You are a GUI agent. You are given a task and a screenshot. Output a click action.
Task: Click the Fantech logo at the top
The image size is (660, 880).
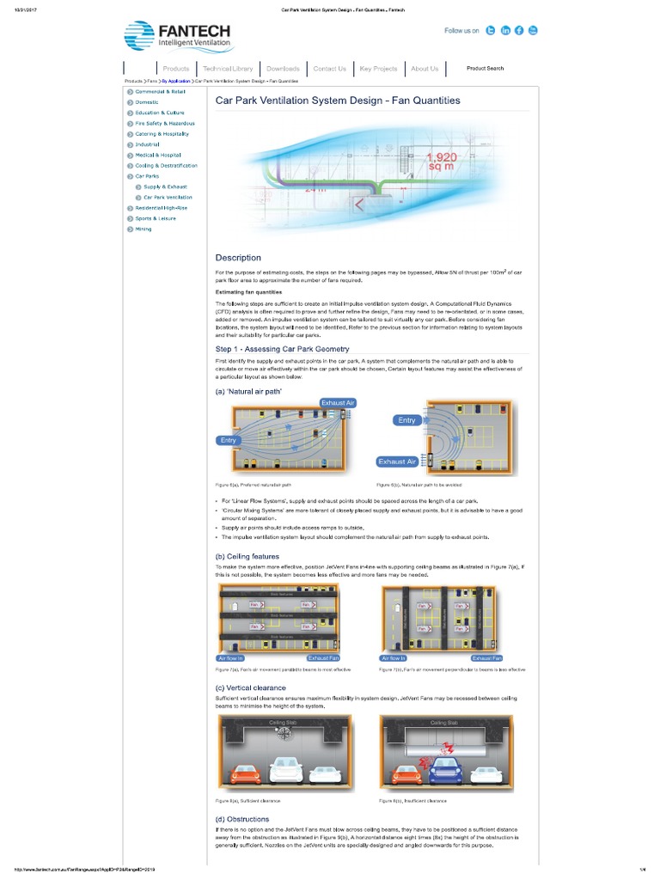pyautogui.click(x=178, y=37)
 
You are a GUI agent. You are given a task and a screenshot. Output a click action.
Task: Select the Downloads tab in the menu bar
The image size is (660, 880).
pyautogui.click(x=283, y=69)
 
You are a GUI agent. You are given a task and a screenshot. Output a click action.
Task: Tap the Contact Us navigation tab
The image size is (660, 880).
pyautogui.click(x=329, y=69)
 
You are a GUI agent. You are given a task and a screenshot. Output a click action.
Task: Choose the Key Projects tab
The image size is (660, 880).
pyautogui.click(x=378, y=69)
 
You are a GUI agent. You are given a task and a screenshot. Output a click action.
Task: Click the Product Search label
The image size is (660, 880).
pyautogui.click(x=485, y=68)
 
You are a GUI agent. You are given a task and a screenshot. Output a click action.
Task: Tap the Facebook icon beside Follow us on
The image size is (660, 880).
pyautogui.click(x=519, y=30)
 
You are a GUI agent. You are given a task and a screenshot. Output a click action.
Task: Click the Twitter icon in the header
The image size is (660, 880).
pyautogui.click(x=490, y=30)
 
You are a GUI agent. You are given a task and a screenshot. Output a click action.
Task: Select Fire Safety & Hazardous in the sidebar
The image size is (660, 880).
pyautogui.click(x=159, y=123)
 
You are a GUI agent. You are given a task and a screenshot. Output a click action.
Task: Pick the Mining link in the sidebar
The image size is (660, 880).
pyautogui.click(x=143, y=229)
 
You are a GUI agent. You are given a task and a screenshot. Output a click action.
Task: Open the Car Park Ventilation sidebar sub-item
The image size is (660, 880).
pyautogui.click(x=168, y=197)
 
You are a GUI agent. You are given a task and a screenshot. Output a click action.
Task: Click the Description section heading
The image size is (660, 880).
pyautogui.click(x=238, y=257)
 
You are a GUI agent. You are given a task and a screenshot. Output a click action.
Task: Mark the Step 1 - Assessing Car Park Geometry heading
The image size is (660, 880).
pyautogui.click(x=282, y=349)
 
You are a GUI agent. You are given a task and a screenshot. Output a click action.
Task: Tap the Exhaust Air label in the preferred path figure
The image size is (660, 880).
pyautogui.click(x=338, y=402)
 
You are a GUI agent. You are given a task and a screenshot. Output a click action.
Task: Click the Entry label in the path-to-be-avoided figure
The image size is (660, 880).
pyautogui.click(x=406, y=420)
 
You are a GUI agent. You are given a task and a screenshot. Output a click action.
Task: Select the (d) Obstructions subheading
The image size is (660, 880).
pyautogui.click(x=242, y=819)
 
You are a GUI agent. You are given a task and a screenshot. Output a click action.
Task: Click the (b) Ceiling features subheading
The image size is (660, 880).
pyautogui.click(x=248, y=556)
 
